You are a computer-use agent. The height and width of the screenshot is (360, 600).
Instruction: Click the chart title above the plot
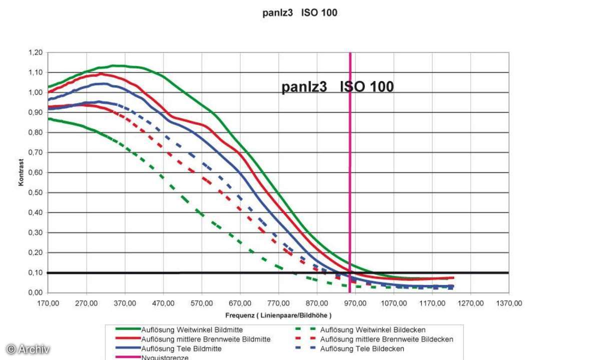(x=300, y=13)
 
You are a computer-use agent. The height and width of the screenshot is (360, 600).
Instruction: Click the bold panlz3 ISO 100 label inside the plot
(x=337, y=87)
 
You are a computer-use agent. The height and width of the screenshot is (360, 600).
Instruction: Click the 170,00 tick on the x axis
(x=48, y=303)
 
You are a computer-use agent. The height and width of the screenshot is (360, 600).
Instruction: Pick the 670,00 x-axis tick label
(x=240, y=303)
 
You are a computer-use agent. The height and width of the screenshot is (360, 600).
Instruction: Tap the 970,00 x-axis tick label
(x=356, y=303)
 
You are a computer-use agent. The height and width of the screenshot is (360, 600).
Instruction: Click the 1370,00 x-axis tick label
(x=509, y=303)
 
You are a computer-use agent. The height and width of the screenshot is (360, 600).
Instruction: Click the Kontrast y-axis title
(x=21, y=172)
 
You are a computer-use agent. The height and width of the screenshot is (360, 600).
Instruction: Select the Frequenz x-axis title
(x=278, y=315)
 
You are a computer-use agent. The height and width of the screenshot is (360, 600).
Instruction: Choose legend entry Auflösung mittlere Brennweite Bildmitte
(x=206, y=339)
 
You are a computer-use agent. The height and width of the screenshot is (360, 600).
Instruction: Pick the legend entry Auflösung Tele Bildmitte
(x=181, y=348)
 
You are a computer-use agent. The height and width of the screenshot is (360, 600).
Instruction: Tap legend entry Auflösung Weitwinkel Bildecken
(x=373, y=330)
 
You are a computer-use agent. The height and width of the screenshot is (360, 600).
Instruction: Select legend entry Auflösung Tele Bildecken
(x=362, y=348)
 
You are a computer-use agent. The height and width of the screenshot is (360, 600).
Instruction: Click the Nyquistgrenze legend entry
(x=165, y=357)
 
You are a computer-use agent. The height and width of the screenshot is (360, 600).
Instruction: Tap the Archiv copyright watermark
(x=28, y=349)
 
